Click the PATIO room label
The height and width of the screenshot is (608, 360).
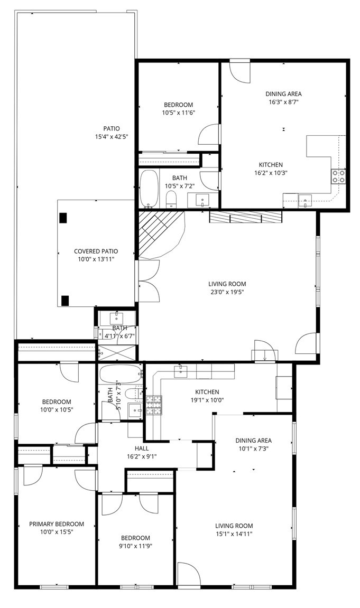[x=112, y=128]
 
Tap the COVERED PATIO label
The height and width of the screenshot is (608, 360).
[x=96, y=251]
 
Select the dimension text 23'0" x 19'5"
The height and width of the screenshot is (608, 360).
[x=227, y=292]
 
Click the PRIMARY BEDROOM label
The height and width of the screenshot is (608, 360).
[x=57, y=524]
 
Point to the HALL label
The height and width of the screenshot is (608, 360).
[x=142, y=448]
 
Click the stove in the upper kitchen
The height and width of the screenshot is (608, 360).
[x=338, y=176]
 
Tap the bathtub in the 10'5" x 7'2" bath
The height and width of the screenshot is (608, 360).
[x=149, y=189]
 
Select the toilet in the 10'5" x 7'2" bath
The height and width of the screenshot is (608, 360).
[x=171, y=200]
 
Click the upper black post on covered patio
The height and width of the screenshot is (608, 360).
[x=63, y=218]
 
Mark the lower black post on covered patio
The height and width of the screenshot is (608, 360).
[x=65, y=301]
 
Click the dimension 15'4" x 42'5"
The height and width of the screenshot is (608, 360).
[x=112, y=136]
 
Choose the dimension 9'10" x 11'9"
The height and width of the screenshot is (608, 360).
[x=136, y=546]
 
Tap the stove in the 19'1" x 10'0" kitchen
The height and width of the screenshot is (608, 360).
[x=154, y=405]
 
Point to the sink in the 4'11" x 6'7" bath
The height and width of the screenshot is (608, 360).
[x=116, y=319]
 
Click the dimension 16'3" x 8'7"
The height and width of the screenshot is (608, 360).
[x=283, y=102]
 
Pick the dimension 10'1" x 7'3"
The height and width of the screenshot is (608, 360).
[x=253, y=448]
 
